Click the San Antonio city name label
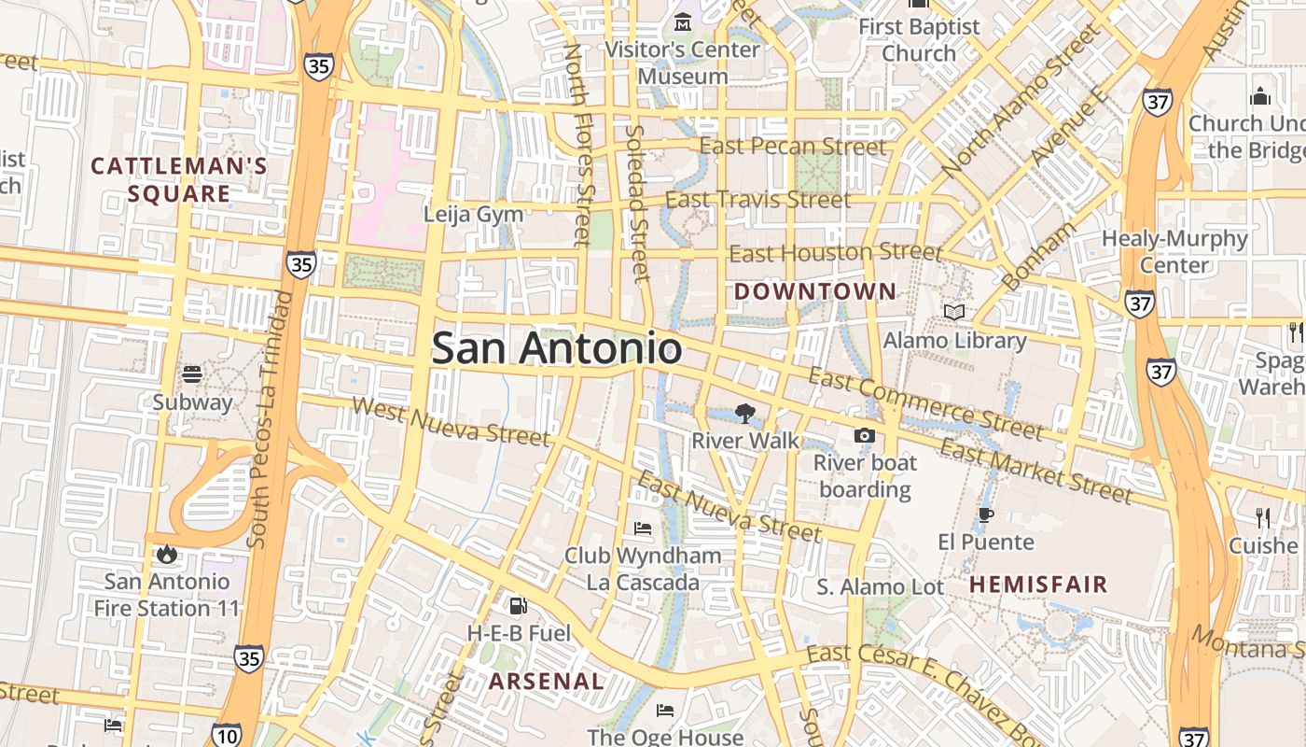556,348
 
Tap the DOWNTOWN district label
814,291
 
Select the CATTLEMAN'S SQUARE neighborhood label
178,180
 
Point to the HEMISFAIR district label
1038,585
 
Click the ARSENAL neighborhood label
547,681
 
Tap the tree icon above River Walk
744,413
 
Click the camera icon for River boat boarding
865,435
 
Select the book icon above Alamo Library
953,312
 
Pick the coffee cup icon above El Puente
985,514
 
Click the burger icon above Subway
192,374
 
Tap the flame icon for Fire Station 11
167,554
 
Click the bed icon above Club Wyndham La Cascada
643,529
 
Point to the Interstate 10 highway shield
227,735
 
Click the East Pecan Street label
792,147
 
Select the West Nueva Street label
452,421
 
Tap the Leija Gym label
473,214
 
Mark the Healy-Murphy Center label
1174,251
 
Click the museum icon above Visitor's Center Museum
683,21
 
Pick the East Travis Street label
757,199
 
